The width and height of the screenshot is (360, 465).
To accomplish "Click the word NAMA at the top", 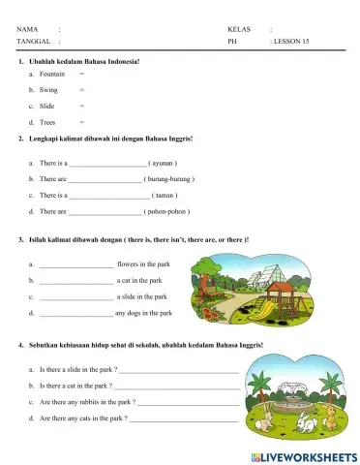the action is coord(27,29).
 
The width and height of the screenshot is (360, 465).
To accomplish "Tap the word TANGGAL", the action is coord(32,43).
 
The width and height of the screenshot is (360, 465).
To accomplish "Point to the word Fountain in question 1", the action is coord(52,74).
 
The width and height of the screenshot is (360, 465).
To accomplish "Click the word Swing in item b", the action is coord(48,89).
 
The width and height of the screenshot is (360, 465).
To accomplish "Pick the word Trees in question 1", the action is coord(48,122).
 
